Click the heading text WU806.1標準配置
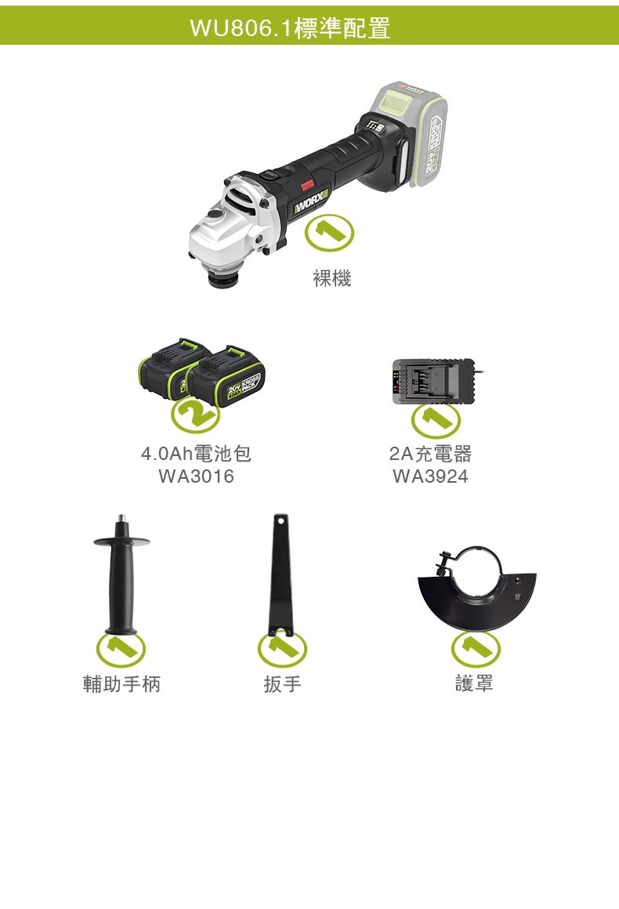[290, 27]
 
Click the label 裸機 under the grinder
[332, 278]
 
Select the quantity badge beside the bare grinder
[328, 233]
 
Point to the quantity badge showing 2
[195, 414]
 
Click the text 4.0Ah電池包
[196, 454]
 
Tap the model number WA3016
[196, 476]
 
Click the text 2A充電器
[430, 454]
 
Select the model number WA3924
[430, 476]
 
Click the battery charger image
[435, 381]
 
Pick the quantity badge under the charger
[436, 420]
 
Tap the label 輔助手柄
[121, 684]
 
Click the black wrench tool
[281, 575]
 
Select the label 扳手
[283, 684]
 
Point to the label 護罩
[475, 684]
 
